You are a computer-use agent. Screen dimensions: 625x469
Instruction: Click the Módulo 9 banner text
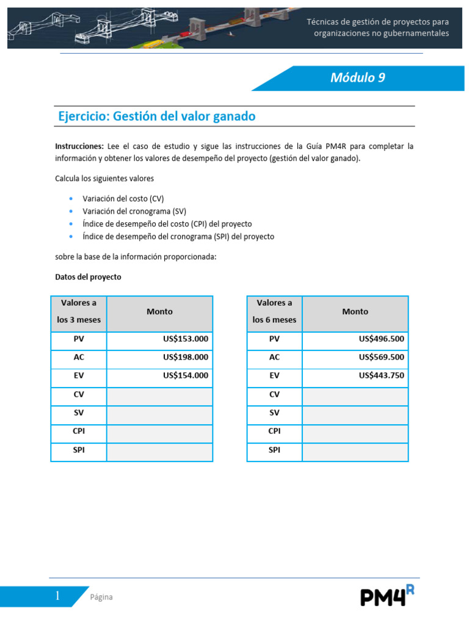coord(357,78)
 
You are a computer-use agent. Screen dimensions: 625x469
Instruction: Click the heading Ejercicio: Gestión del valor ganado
coord(156,116)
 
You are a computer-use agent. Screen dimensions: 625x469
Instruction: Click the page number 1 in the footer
coord(57,596)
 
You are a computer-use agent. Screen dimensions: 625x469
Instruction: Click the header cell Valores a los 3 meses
coord(79,311)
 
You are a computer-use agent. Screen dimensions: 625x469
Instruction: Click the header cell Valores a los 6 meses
coord(274,311)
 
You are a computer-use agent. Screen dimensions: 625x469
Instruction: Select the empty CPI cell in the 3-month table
coord(159,432)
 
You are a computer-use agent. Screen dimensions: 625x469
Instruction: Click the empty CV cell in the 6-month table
coord(355,395)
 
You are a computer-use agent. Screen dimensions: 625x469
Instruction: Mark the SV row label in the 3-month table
coord(79,413)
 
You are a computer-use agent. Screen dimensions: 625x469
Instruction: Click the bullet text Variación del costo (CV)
coord(123,199)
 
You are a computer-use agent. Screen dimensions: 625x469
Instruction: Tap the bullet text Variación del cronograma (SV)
coord(134,211)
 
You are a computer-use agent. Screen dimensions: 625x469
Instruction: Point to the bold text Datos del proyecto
coord(88,277)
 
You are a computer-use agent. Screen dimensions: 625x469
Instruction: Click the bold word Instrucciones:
coord(79,146)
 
